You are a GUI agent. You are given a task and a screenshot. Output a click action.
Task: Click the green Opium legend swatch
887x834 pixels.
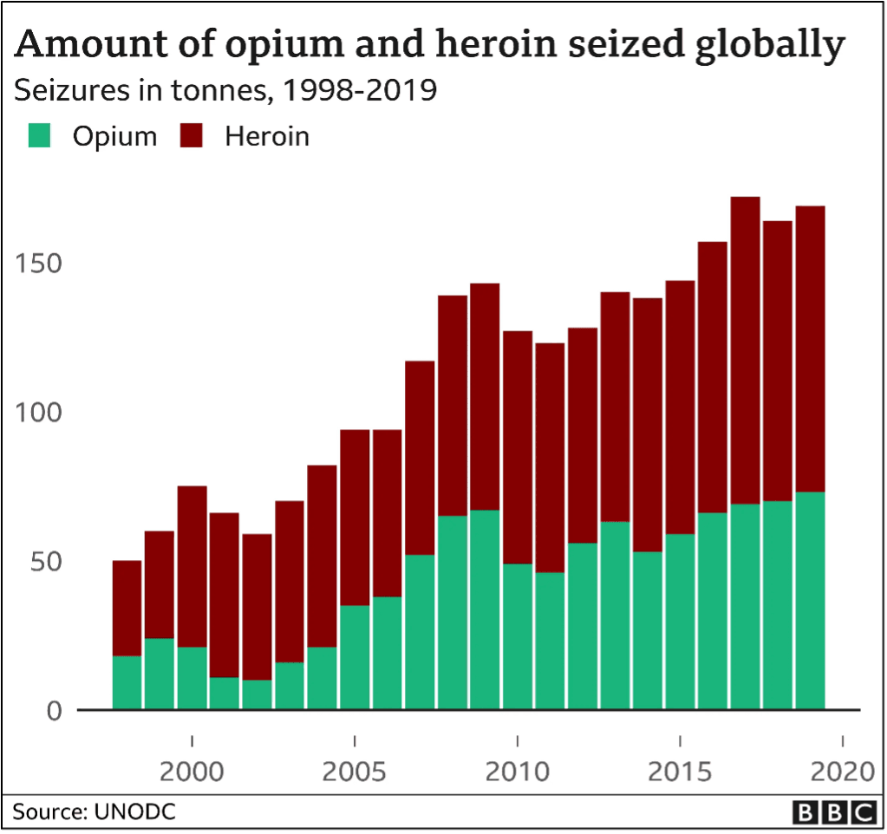pos(40,136)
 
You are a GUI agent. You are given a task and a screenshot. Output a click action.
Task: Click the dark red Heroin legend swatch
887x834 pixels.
pos(192,136)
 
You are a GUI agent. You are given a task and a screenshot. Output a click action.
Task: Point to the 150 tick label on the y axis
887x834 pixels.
pos(38,264)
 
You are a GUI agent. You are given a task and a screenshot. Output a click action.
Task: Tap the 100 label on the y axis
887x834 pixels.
pos(38,413)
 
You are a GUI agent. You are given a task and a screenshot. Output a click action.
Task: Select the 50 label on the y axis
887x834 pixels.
pos(46,562)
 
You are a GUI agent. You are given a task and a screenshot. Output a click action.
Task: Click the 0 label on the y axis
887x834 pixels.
pos(55,711)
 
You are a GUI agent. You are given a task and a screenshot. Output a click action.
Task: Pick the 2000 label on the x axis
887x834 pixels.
pos(192,772)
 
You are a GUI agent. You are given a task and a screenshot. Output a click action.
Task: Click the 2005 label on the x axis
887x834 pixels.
pos(354,772)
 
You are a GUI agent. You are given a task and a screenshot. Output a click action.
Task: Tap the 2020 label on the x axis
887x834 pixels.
pos(843,772)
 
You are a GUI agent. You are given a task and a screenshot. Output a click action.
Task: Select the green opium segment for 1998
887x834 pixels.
pos(127,682)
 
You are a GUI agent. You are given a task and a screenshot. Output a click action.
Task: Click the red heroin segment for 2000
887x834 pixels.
pos(192,567)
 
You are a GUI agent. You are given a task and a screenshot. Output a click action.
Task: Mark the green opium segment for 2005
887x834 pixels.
pos(355,657)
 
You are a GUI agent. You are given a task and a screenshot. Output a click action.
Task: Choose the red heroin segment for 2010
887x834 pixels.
pos(518,447)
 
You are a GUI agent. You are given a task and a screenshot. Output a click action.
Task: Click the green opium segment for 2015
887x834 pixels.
pos(680,622)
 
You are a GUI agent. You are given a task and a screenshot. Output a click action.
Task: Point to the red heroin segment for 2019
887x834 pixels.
pos(810,349)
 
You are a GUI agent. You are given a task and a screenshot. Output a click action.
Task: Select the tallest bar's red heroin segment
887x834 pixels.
pos(745,350)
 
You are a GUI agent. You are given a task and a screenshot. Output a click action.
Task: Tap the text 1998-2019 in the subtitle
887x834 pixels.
pos(359,90)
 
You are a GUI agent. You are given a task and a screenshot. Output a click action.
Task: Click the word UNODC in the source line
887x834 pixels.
pos(135,811)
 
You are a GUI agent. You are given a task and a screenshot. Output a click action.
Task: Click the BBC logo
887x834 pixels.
pos(834,812)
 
